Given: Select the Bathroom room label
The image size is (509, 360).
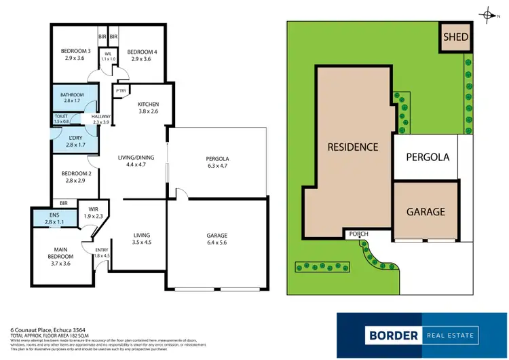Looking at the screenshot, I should tap(72, 94).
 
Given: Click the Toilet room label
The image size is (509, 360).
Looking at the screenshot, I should tap(62, 117).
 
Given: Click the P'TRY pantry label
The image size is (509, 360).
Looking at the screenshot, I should tap(122, 90).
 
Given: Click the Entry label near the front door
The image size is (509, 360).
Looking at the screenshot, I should tap(102, 250).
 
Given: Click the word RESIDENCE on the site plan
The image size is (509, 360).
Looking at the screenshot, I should tap(353, 147).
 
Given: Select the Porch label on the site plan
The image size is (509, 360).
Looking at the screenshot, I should tap(358, 234).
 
